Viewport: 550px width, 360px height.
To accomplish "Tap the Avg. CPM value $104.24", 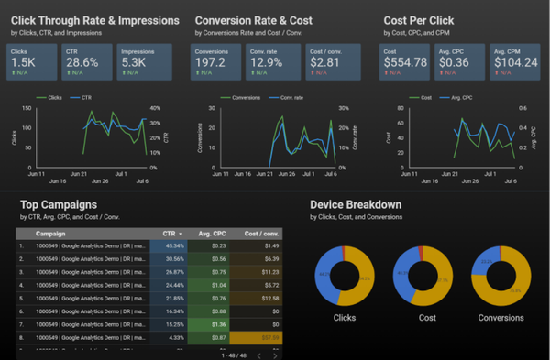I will coord(515,62).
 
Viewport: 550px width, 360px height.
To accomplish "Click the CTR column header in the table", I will coord(169,234).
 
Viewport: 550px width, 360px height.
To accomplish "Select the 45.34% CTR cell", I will coord(173,246).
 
